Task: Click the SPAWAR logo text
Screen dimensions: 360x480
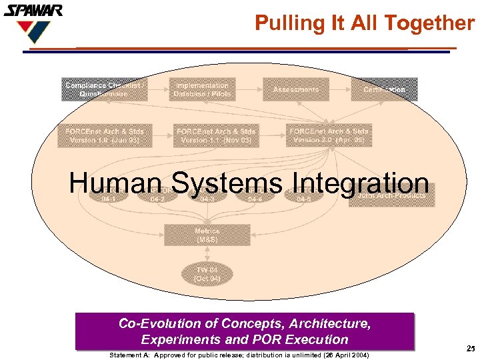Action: pyautogui.click(x=33, y=10)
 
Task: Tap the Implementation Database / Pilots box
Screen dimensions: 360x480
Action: pyautogui.click(x=201, y=89)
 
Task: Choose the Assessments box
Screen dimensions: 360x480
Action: pyautogui.click(x=296, y=89)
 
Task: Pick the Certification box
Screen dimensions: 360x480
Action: pyautogui.click(x=384, y=89)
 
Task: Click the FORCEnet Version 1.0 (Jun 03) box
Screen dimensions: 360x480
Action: pyautogui.click(x=105, y=135)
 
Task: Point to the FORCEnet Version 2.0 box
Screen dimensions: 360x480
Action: pyautogui.click(x=327, y=135)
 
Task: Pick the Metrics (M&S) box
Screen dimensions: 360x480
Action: pyautogui.click(x=207, y=235)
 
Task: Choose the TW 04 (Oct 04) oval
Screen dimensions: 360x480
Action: pyautogui.click(x=207, y=273)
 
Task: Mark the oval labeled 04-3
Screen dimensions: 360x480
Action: pyautogui.click(x=207, y=198)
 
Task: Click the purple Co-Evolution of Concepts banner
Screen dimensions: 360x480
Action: pyautogui.click(x=245, y=331)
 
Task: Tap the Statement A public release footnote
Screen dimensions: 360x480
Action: pyautogui.click(x=239, y=355)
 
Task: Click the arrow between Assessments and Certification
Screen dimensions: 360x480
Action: pyautogui.click(x=340, y=89)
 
